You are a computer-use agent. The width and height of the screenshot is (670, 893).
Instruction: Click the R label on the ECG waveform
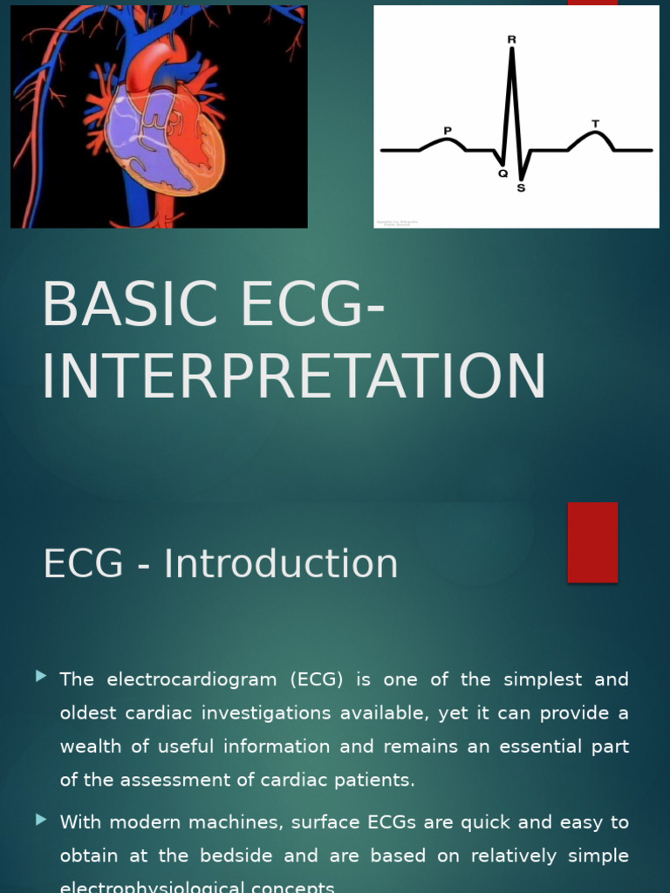pos(511,40)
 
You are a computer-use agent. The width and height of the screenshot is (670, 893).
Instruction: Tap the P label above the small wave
pos(448,131)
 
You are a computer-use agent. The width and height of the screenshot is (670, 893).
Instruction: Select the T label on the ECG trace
pos(596,124)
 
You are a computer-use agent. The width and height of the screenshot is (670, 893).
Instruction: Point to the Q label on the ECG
pos(502,174)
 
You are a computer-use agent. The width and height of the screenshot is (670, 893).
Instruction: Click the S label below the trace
pos(521,187)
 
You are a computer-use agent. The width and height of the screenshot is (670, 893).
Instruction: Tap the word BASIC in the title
pos(122,305)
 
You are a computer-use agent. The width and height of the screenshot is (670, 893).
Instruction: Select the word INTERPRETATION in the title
pos(294,378)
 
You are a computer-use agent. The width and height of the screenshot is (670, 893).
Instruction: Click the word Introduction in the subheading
pos(281,563)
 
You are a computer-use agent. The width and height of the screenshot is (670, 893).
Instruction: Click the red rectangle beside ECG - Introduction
pos(592,542)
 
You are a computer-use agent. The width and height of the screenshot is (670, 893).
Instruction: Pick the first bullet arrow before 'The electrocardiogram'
pos(41,677)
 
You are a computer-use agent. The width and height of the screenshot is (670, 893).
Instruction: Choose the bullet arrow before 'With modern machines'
pos(41,820)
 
